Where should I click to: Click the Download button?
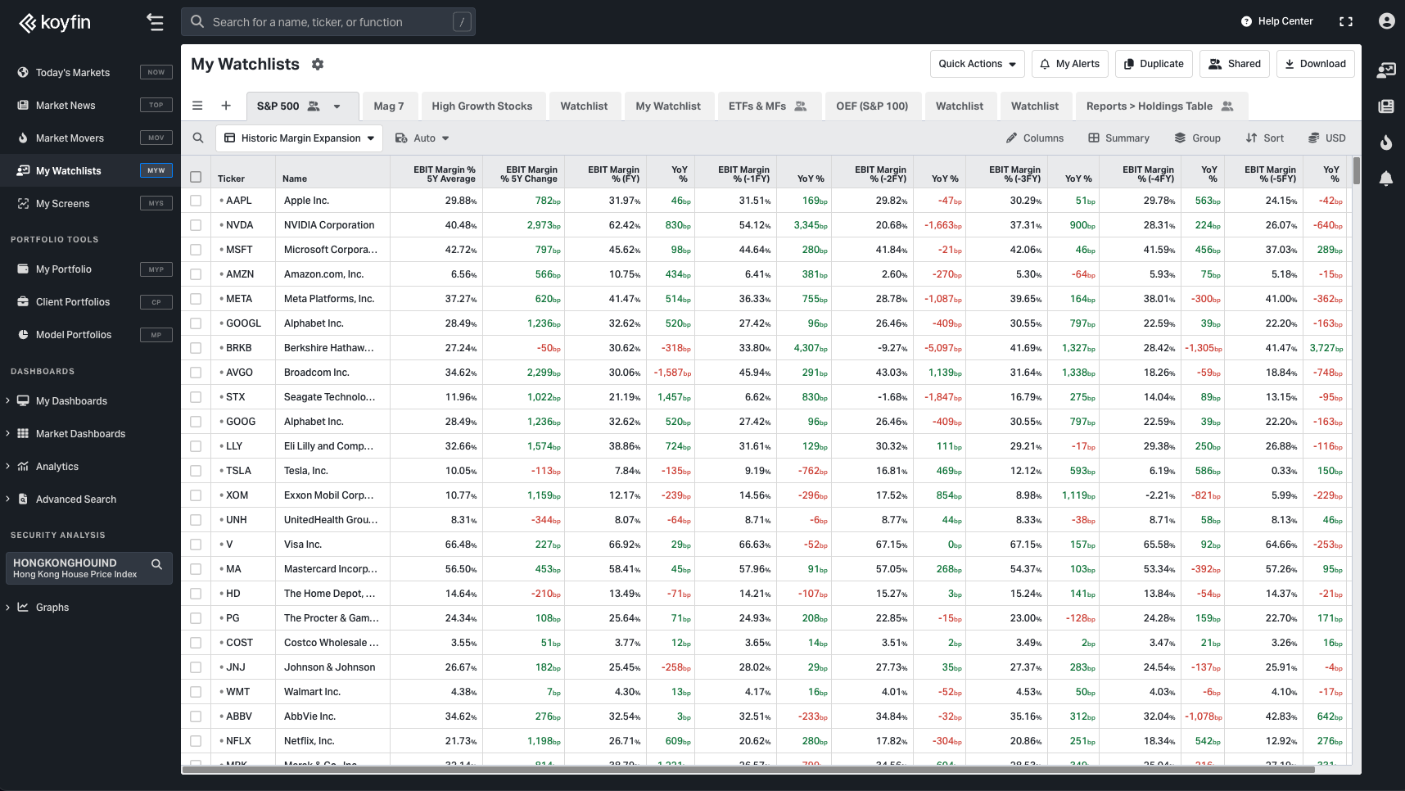1315,64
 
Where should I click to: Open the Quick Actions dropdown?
977,64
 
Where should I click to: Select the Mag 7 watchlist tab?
389,106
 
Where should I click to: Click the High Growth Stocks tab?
481,106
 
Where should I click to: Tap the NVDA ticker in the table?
239,225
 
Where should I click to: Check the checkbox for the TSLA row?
196,471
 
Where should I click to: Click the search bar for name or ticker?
328,22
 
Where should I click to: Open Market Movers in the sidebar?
70,138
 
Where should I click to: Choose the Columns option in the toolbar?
1035,138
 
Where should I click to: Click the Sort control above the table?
1265,138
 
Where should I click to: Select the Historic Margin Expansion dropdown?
300,138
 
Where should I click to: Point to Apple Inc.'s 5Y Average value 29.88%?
460,201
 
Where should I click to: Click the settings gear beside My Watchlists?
318,64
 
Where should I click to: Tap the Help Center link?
1277,22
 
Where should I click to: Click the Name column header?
295,179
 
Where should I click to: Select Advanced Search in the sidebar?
75,499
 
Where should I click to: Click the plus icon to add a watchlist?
226,106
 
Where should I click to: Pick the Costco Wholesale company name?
331,643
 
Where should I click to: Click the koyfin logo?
55,22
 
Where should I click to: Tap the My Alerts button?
1070,64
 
